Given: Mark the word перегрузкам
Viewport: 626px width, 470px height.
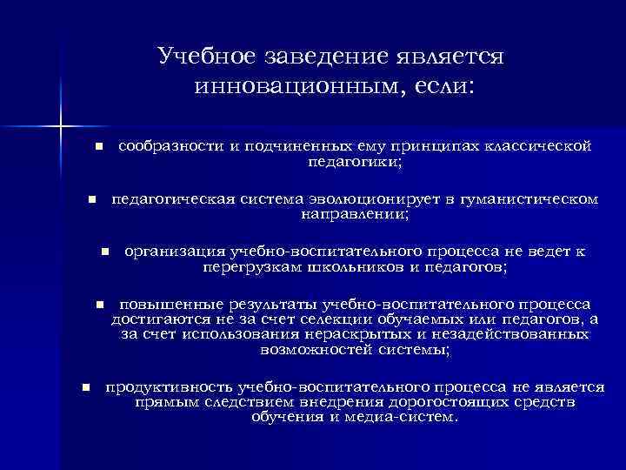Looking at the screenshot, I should [x=252, y=266].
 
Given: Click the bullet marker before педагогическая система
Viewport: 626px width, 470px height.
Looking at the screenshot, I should [x=90, y=200].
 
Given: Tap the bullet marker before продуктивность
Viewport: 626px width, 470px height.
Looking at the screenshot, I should [x=84, y=388].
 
